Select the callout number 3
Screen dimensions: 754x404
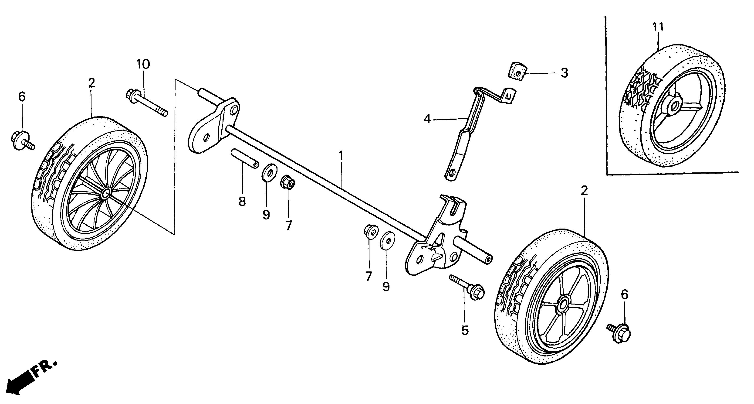tap(564, 73)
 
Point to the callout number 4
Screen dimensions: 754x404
tap(428, 119)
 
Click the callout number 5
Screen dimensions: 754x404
tap(465, 330)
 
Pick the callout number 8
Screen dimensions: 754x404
tap(242, 201)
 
